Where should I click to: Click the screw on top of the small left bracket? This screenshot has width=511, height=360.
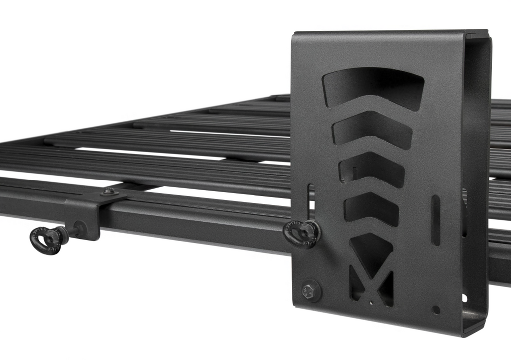click(108, 191)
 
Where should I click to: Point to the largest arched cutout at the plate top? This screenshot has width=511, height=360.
click(373, 88)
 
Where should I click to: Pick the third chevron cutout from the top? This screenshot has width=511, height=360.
click(372, 170)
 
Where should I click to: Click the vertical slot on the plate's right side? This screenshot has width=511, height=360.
click(435, 220)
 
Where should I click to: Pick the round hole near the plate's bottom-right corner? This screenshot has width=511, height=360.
click(436, 310)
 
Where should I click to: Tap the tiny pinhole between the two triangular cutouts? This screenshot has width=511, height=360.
click(370, 302)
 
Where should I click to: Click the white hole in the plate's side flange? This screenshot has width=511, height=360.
click(465, 298)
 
